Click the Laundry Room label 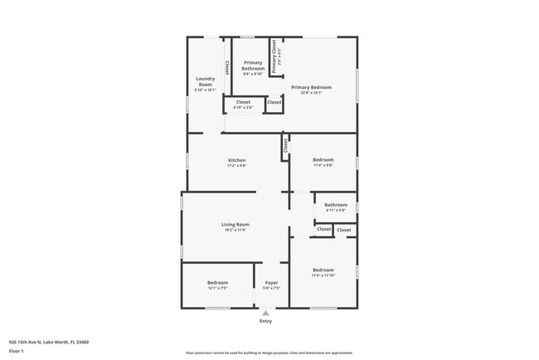pyautogui.click(x=205, y=81)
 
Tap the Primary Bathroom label pyautogui.click(x=253, y=66)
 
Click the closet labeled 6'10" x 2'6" pyautogui.click(x=243, y=102)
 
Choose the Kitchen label pyautogui.click(x=237, y=160)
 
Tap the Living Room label pyautogui.click(x=236, y=224)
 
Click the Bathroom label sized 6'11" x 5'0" pyautogui.click(x=336, y=205)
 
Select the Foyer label pyautogui.click(x=271, y=283)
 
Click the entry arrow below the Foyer pyautogui.click(x=265, y=313)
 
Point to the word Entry pyautogui.click(x=265, y=321)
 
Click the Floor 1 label pyautogui.click(x=17, y=351)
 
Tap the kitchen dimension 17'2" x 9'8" pyautogui.click(x=237, y=166)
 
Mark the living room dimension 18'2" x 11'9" pyautogui.click(x=236, y=230)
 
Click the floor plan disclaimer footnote pyautogui.click(x=269, y=353)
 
